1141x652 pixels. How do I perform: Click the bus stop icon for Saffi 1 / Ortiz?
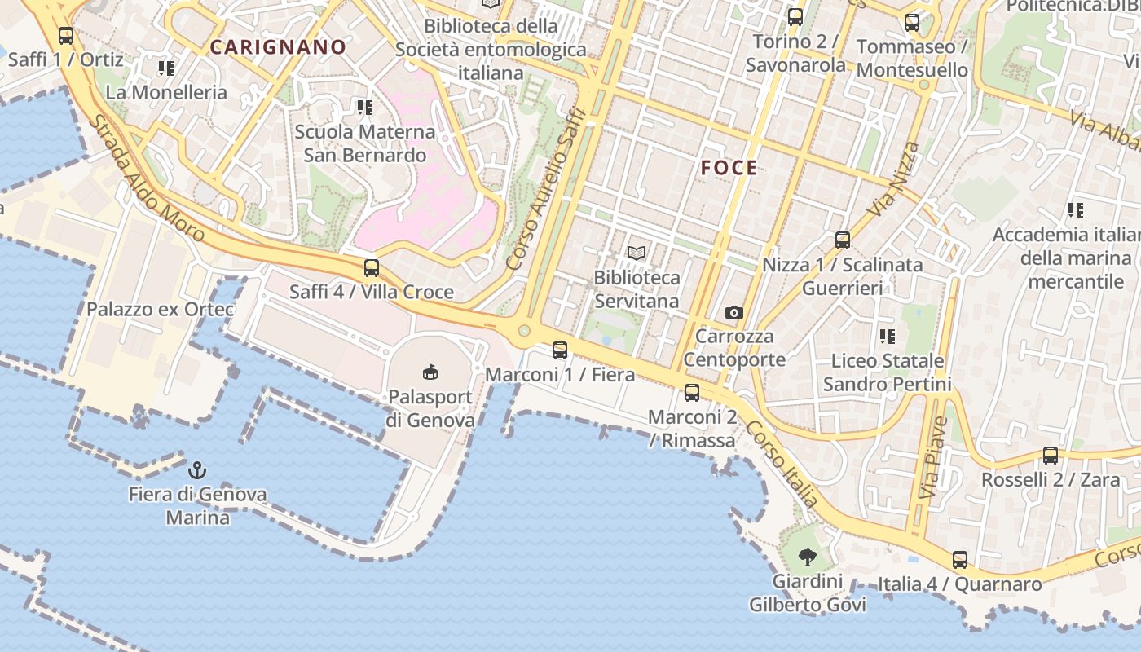pos(66,36)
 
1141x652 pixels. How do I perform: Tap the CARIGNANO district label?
pos(278,47)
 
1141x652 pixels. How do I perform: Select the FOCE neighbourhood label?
pos(729,169)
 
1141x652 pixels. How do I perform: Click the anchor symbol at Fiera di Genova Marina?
pos(196,470)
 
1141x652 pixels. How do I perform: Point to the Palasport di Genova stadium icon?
pos(430,372)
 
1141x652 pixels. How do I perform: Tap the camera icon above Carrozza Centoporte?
pos(733,312)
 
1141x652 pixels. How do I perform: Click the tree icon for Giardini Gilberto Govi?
pos(807,557)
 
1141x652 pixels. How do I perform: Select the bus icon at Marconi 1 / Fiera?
pos(560,350)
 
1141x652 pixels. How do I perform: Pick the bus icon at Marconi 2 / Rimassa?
pos(692,393)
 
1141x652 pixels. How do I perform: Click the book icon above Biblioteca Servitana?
pos(637,253)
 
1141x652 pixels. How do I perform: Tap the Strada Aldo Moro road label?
pos(147,178)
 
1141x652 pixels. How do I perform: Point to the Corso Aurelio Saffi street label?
pos(546,188)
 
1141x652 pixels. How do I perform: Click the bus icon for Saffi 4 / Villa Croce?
pos(372,267)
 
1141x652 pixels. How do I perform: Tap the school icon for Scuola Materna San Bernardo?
pos(364,107)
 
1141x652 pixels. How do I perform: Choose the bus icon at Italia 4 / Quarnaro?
pos(960,560)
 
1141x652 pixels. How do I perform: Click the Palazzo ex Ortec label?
pos(161,310)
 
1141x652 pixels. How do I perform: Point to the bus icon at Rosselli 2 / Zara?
pos(1051,456)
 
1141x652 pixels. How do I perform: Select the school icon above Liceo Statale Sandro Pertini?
pos(887,336)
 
